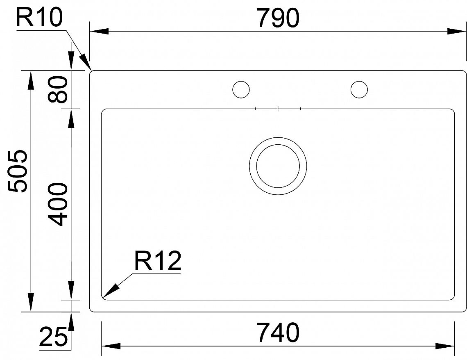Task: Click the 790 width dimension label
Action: tap(278, 18)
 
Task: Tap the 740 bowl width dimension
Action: tap(279, 332)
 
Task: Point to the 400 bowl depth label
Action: tap(58, 205)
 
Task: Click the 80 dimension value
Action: tap(58, 89)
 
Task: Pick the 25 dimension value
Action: tap(53, 337)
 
